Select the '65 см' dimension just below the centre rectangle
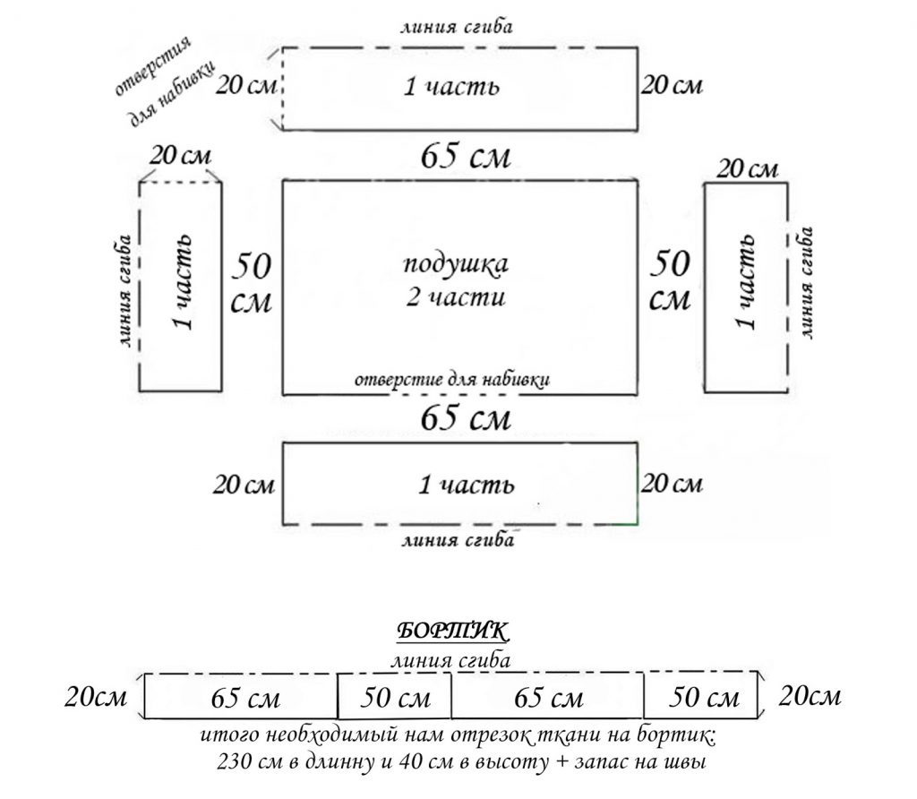pyautogui.click(x=466, y=418)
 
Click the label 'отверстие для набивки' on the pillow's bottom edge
pyautogui.click(x=451, y=378)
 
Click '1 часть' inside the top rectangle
pyautogui.click(x=450, y=88)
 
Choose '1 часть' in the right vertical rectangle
pyautogui.click(x=745, y=282)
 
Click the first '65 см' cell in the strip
pyautogui.click(x=245, y=697)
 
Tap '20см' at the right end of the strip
pyautogui.click(x=810, y=695)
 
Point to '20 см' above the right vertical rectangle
pyautogui.click(x=749, y=168)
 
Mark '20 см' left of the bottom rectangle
pyautogui.click(x=243, y=485)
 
